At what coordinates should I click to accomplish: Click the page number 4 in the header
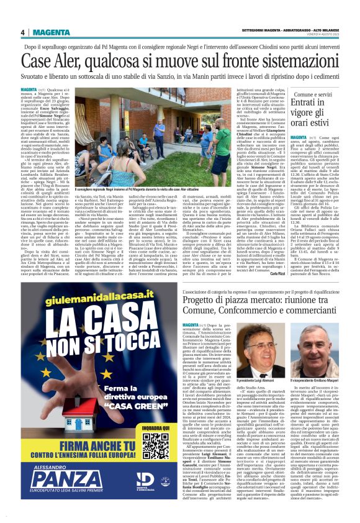click(x=22, y=32)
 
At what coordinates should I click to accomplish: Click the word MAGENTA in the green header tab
click(x=52, y=32)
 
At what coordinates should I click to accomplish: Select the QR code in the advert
click(x=155, y=446)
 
